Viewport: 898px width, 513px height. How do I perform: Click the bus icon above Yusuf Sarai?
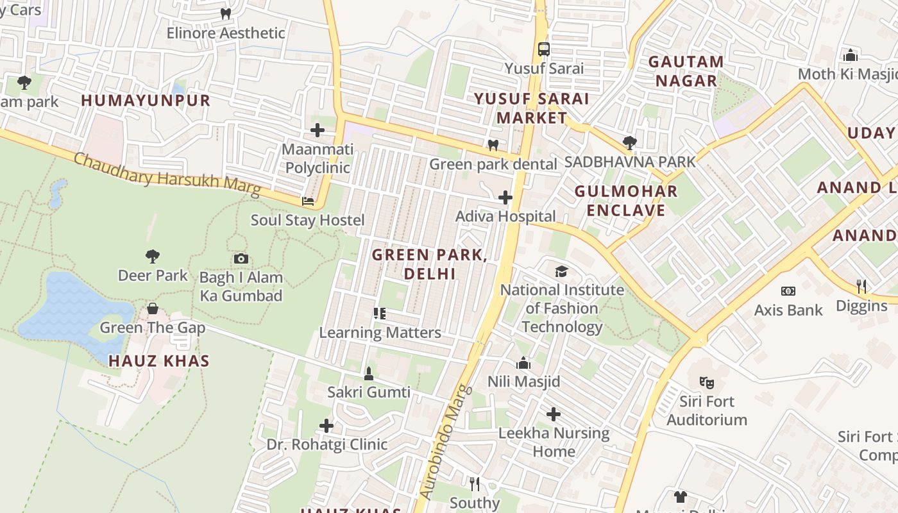click(x=543, y=49)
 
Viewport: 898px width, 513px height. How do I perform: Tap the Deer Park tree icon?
click(x=153, y=256)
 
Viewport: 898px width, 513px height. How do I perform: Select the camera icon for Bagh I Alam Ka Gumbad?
click(x=241, y=259)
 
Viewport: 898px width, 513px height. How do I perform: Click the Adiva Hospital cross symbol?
click(x=505, y=198)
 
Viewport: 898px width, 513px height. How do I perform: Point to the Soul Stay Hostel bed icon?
click(x=308, y=201)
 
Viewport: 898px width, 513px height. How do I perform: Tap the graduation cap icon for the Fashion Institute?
click(x=562, y=271)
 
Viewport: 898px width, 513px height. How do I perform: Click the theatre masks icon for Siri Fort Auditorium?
click(x=707, y=383)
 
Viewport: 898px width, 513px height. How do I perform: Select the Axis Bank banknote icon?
click(x=788, y=291)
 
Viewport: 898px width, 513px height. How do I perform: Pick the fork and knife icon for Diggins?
click(x=861, y=287)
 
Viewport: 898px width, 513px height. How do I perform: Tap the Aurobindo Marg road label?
click(x=445, y=442)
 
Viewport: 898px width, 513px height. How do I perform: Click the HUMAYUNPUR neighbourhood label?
click(x=146, y=101)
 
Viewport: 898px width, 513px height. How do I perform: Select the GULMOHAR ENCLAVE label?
click(x=625, y=201)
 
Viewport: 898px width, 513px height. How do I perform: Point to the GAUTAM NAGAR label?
click(x=686, y=71)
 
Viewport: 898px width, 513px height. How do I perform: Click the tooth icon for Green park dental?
click(x=493, y=145)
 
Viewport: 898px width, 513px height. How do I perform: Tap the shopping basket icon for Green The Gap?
click(x=153, y=309)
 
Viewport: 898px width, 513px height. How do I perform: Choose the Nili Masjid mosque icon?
click(x=523, y=363)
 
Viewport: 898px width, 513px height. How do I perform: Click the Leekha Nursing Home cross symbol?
click(x=554, y=414)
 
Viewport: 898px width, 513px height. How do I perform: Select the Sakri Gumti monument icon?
click(x=369, y=373)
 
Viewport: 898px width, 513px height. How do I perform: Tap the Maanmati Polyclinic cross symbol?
click(x=318, y=131)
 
